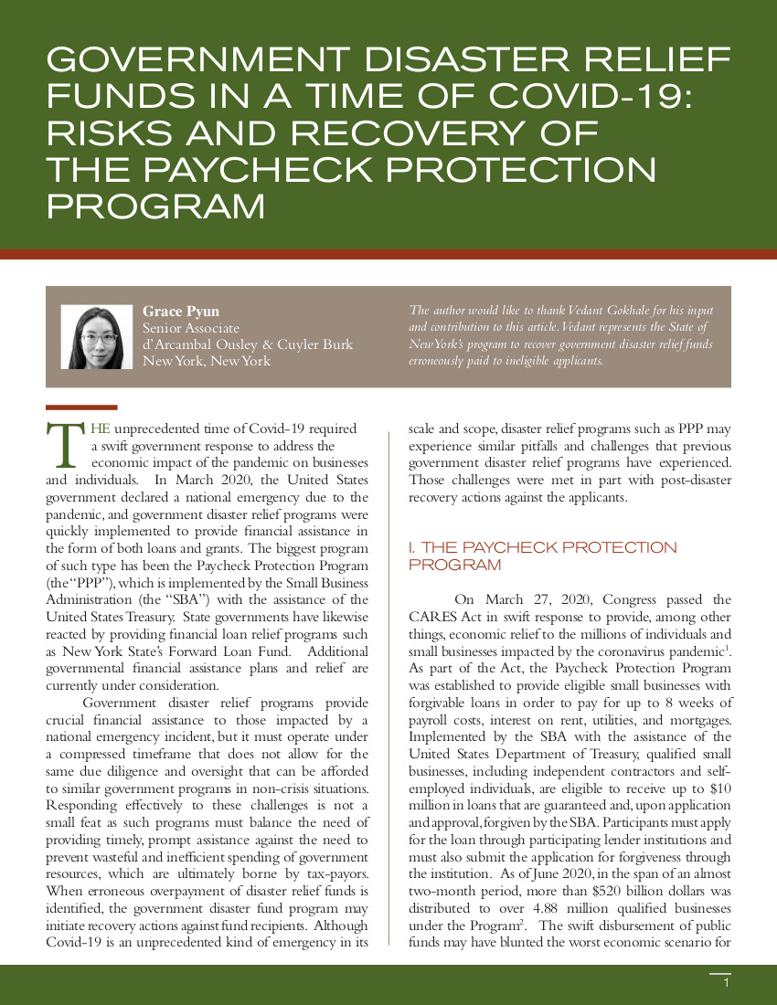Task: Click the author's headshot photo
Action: pos(97,337)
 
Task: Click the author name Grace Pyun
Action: pos(181,312)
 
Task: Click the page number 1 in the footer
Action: pos(725,983)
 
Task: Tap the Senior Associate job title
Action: pos(191,328)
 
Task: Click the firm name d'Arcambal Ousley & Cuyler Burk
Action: pos(247,344)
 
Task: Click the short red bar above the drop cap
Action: pos(80,407)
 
